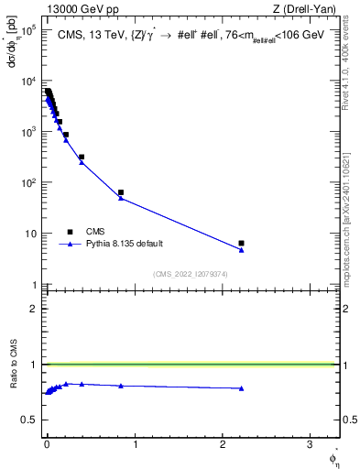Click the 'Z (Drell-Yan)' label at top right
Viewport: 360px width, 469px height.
(x=307, y=8)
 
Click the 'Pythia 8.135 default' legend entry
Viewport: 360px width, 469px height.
(x=115, y=244)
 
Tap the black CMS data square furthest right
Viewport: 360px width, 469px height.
(x=241, y=243)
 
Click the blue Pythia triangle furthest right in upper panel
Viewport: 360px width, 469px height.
(x=241, y=250)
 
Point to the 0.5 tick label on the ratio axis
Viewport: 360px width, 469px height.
(x=28, y=420)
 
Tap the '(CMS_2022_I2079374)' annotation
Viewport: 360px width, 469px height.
(x=190, y=273)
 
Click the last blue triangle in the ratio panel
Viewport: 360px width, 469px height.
(x=241, y=388)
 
